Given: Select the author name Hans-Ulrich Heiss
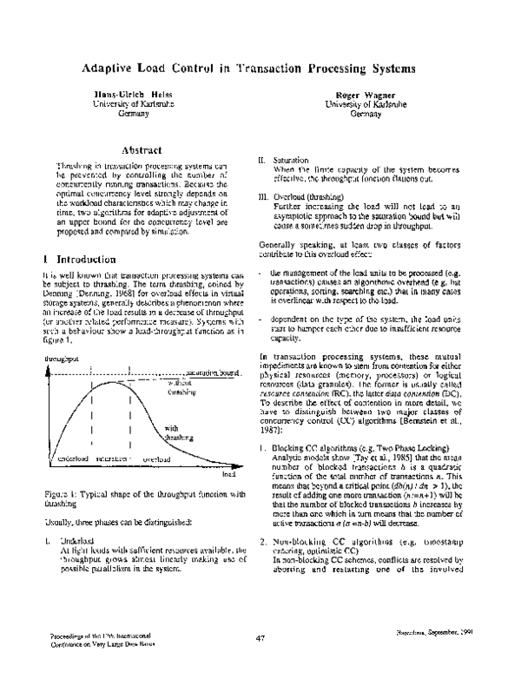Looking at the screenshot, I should [121, 93].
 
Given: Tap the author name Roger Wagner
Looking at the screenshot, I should [361, 93].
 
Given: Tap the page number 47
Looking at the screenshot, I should [260, 665].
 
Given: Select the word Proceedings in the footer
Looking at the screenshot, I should [63, 662].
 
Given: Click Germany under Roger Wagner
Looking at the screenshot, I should [361, 114].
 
